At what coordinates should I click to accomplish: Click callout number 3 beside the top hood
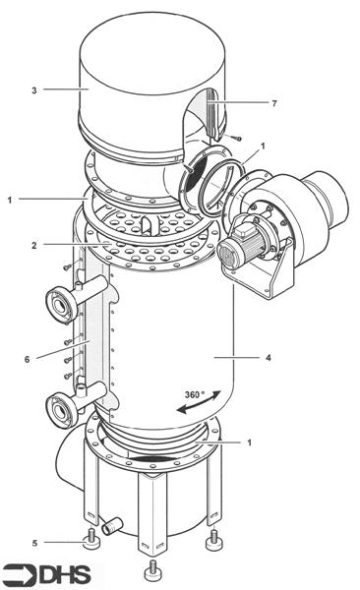34,90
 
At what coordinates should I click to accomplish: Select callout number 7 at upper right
274,103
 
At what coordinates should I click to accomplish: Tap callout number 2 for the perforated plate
34,246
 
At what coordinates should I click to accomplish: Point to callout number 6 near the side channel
28,359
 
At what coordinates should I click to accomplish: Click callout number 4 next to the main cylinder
269,358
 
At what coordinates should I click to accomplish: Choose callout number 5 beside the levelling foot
34,543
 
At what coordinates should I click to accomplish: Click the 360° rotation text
195,394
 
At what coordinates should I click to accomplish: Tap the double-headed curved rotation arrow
199,403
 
